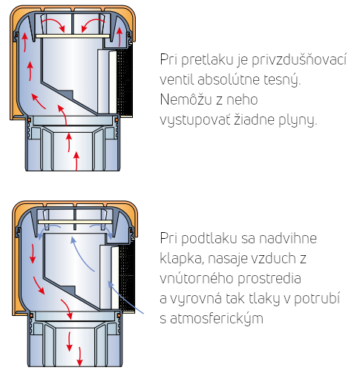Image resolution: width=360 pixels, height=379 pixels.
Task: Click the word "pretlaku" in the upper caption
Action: pos(208,59)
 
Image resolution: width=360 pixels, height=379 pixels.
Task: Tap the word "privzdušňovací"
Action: pos(299,59)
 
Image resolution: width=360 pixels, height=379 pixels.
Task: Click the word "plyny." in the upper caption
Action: pos(298,120)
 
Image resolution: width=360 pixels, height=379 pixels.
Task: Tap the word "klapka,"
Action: pos(182,259)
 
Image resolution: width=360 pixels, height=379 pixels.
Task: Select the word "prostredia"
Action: pos(269,279)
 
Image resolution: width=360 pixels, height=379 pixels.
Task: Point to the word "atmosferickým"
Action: pos(217,319)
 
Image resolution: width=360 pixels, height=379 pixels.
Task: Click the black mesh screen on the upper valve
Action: pos(125,81)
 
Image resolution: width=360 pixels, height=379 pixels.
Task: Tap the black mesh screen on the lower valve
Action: pos(127,277)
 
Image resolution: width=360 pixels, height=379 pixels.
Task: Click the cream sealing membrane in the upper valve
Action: pos(73,36)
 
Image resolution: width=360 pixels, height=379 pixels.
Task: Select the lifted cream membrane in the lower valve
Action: pos(75,222)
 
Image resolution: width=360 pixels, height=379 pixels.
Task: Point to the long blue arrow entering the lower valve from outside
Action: pos(125,297)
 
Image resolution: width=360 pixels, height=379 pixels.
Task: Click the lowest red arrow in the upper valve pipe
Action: pos(76,161)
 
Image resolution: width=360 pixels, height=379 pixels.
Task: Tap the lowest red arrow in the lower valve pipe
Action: pos(79,357)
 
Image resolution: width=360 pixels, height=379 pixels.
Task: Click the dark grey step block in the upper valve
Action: pos(67,95)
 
